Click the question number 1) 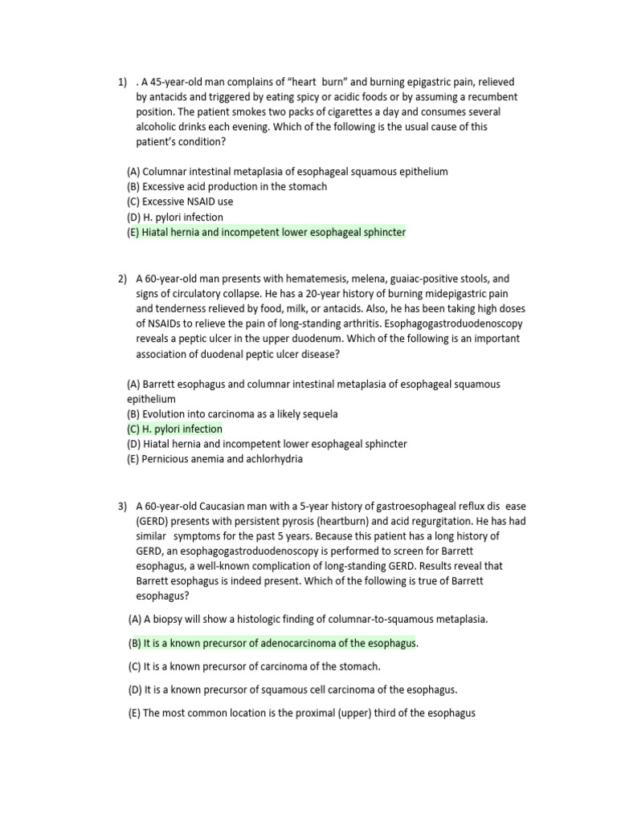tap(122, 82)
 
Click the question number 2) tap(122, 279)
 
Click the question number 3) tap(122, 506)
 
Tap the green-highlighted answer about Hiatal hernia tap(267, 232)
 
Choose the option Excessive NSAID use tap(180, 201)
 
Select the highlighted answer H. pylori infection tap(174, 429)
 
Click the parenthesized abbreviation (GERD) tap(153, 521)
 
